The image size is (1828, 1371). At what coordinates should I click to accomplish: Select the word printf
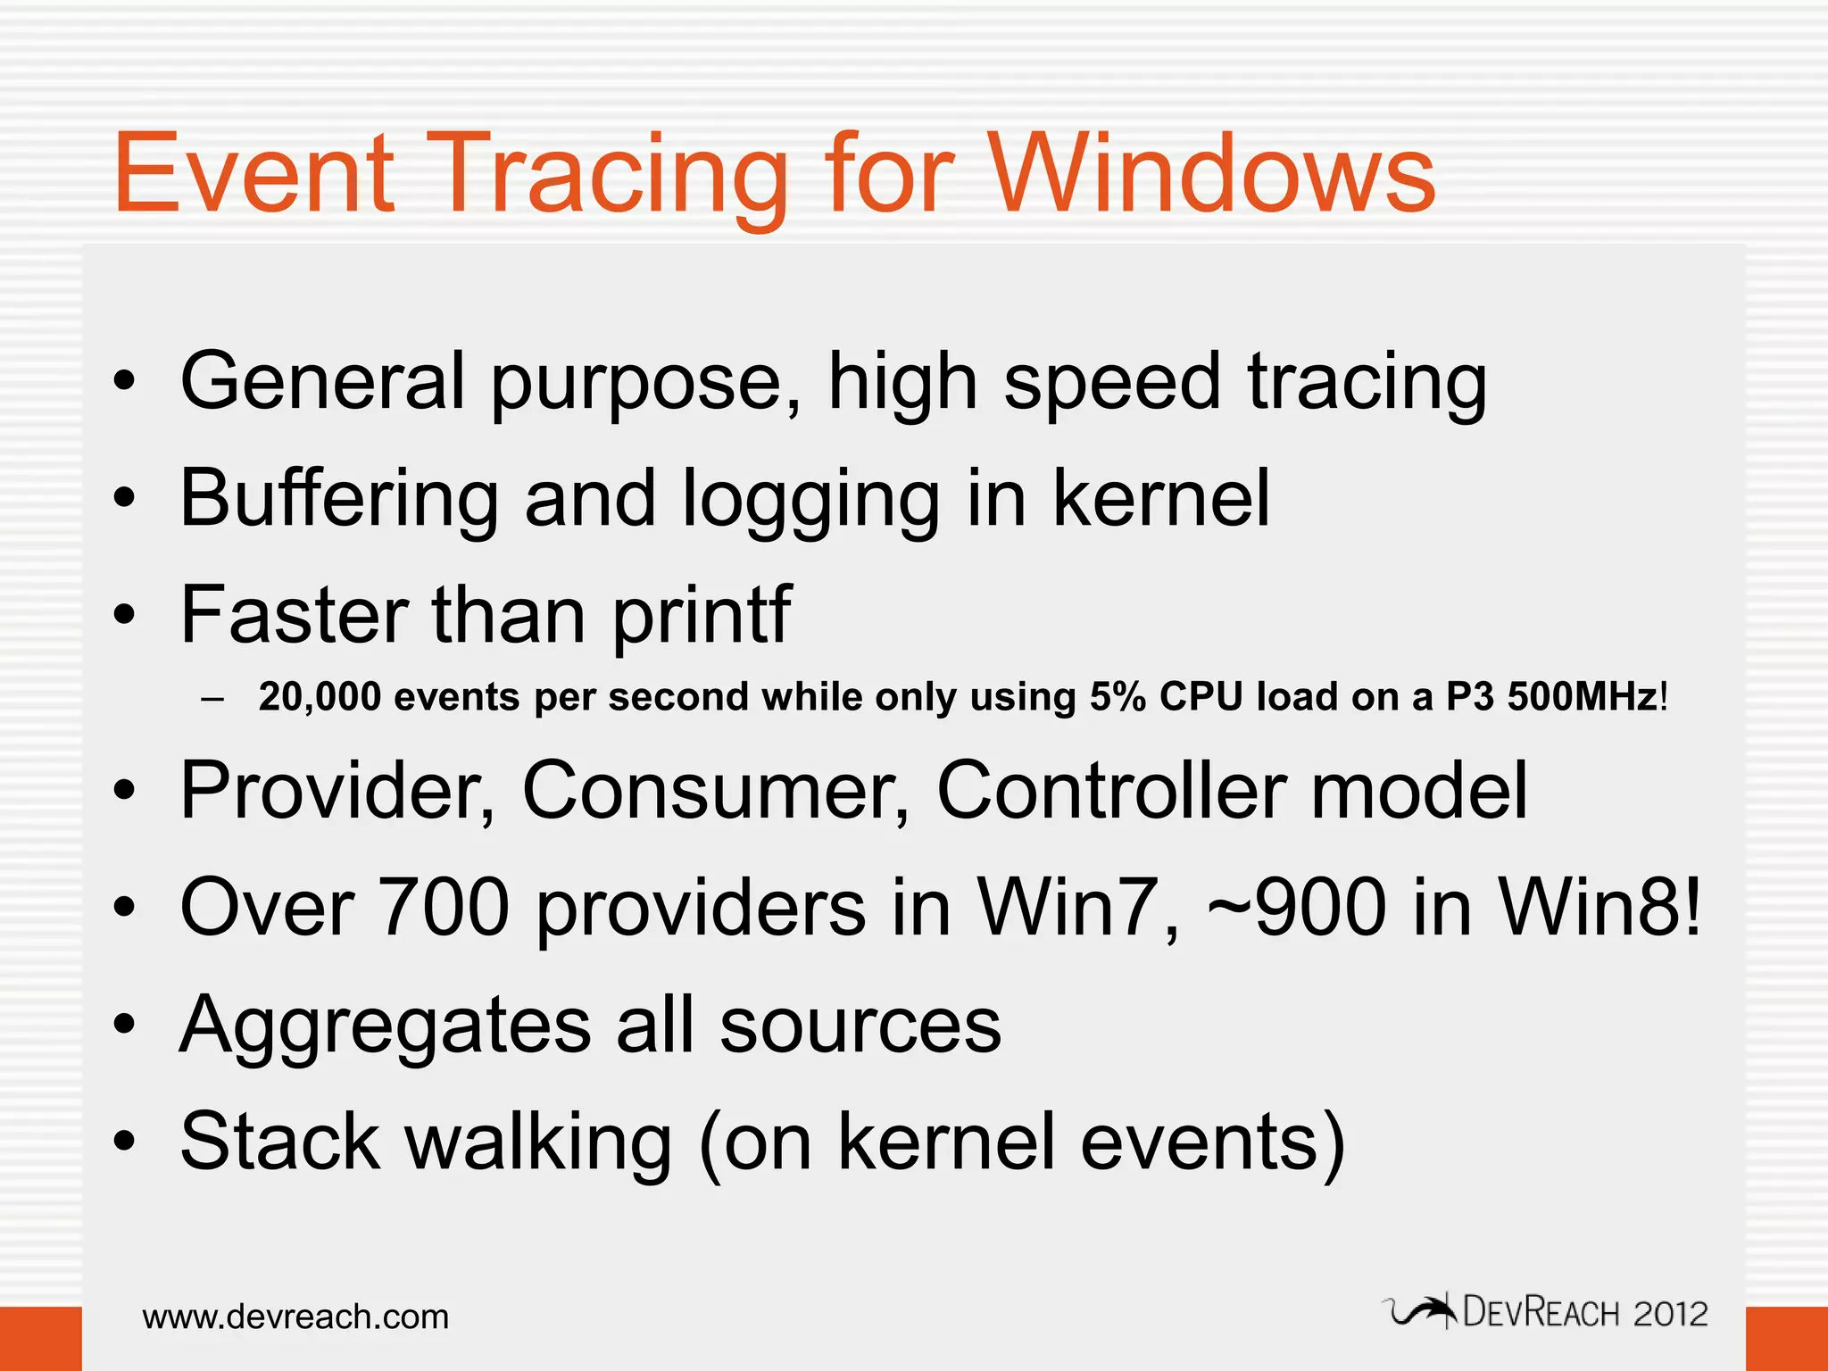point(702,616)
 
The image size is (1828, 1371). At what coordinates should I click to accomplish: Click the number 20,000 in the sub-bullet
point(320,697)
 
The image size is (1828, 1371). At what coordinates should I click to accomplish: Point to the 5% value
point(1118,697)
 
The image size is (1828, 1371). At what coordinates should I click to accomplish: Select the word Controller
point(1110,791)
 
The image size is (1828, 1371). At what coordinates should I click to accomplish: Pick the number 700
point(444,908)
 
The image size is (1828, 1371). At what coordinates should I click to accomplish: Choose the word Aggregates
point(385,1026)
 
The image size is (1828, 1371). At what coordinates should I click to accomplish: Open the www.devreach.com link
point(295,1317)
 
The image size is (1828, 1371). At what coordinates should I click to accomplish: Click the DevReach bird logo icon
point(1421,1311)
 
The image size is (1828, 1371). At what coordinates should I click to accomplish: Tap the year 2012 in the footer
point(1670,1314)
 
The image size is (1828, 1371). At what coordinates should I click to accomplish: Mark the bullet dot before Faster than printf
point(125,616)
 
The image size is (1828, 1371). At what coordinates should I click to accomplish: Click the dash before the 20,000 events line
point(212,699)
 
